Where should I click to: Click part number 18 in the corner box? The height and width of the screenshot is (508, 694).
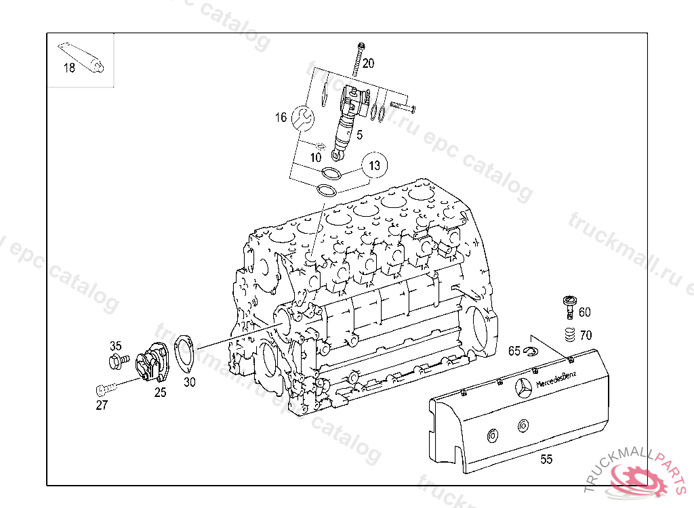click(x=69, y=68)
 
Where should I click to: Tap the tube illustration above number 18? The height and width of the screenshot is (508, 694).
click(x=81, y=56)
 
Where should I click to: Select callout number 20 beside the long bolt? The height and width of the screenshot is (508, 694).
click(x=368, y=64)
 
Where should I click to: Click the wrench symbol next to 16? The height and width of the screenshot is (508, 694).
click(x=303, y=118)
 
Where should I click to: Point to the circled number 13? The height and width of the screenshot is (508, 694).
click(x=375, y=164)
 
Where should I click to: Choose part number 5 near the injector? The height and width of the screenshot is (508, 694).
click(x=359, y=134)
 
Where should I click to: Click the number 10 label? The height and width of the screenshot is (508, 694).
click(x=316, y=157)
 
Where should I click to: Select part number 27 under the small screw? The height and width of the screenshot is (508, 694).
click(x=102, y=405)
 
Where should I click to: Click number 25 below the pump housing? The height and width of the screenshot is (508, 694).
click(x=160, y=392)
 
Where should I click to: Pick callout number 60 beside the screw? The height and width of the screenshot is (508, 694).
click(x=584, y=312)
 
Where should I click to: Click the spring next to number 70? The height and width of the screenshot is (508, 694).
click(x=569, y=335)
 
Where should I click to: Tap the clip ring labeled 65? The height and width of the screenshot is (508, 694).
click(x=529, y=350)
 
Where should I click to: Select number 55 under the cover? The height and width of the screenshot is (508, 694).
click(x=546, y=459)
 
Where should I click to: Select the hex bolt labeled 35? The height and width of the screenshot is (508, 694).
click(x=116, y=360)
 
